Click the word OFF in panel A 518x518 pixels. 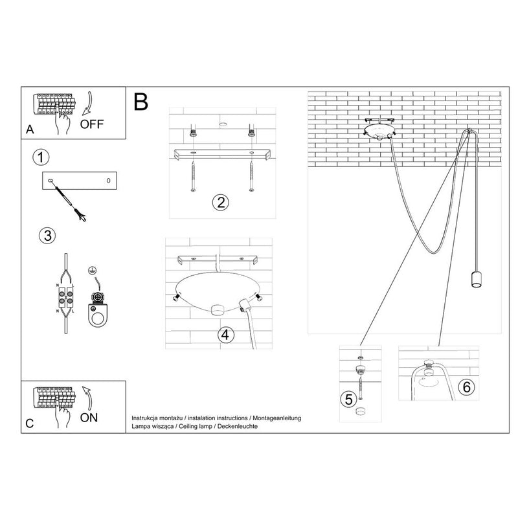click(x=91, y=124)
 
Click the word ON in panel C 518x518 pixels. click(x=89, y=418)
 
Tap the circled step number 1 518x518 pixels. click(x=41, y=157)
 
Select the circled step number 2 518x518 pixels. click(x=221, y=202)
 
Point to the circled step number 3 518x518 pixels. click(x=47, y=236)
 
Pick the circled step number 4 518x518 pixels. click(x=225, y=335)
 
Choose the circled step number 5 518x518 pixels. click(x=349, y=400)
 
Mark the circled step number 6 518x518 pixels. click(x=466, y=387)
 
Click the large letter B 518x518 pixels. click(x=141, y=102)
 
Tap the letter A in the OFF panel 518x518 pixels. click(x=30, y=129)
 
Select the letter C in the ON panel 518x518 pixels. click(x=29, y=423)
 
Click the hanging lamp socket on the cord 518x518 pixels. click(x=476, y=280)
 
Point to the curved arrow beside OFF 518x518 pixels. click(x=88, y=104)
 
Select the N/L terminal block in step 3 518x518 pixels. click(x=66, y=297)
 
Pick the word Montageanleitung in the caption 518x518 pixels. click(x=277, y=418)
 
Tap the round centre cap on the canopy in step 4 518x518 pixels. click(x=218, y=310)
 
